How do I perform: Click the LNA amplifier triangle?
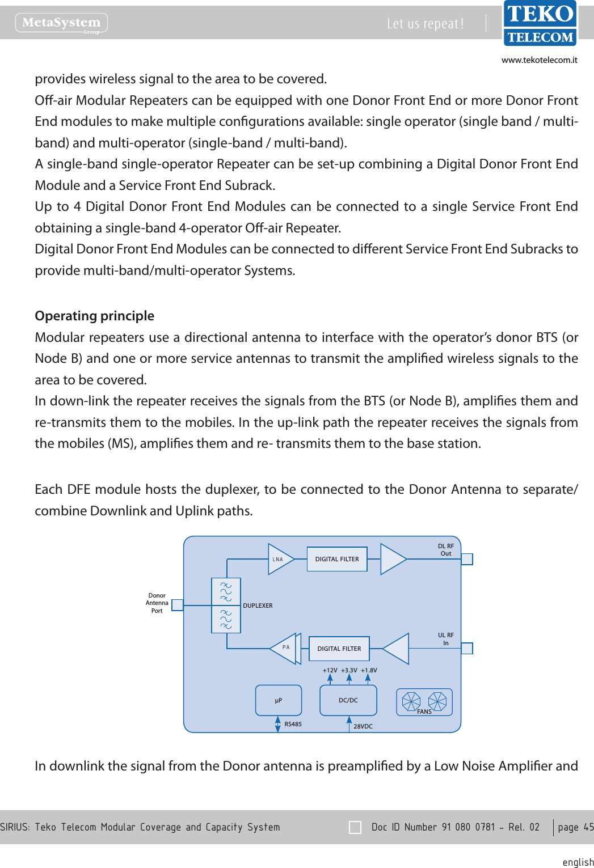pyautogui.click(x=280, y=560)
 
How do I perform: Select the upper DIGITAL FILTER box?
pyautogui.click(x=337, y=559)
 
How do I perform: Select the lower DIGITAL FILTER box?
pyautogui.click(x=339, y=649)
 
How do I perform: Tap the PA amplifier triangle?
pyautogui.click(x=285, y=649)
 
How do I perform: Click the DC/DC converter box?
pyautogui.click(x=348, y=701)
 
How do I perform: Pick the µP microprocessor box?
pyautogui.click(x=279, y=701)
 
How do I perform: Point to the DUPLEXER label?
pyautogui.click(x=258, y=606)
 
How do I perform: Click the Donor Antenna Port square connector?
pyautogui.click(x=178, y=605)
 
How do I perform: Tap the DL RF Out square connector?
pyautogui.click(x=467, y=559)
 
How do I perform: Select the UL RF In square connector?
pyautogui.click(x=467, y=648)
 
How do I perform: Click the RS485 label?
pyautogui.click(x=293, y=725)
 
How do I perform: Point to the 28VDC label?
pyautogui.click(x=363, y=726)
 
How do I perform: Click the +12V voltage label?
pyautogui.click(x=330, y=670)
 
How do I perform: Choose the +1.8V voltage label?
pyautogui.click(x=369, y=670)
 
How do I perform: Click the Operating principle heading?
pyautogui.click(x=95, y=316)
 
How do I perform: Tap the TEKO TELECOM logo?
pyautogui.click(x=540, y=24)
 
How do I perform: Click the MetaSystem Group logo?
pyautogui.click(x=61, y=23)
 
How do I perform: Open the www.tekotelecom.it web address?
pyautogui.click(x=539, y=60)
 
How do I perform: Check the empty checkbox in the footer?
pyautogui.click(x=355, y=827)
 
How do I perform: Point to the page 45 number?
pyautogui.click(x=575, y=827)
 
